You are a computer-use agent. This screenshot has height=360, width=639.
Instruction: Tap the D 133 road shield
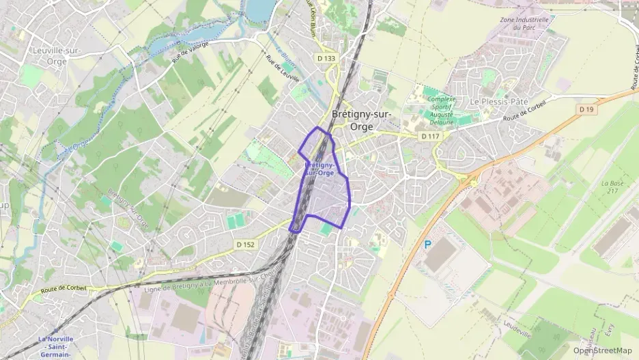326,59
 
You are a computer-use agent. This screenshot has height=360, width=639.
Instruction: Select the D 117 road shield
429,137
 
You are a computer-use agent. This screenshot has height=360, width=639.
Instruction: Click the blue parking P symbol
428,244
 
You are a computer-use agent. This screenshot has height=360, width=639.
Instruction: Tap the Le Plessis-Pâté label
499,101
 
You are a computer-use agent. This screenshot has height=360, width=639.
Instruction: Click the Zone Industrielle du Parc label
524,24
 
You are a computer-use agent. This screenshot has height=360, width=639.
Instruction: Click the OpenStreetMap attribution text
602,350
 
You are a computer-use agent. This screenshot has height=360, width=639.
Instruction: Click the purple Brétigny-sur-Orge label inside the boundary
319,169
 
